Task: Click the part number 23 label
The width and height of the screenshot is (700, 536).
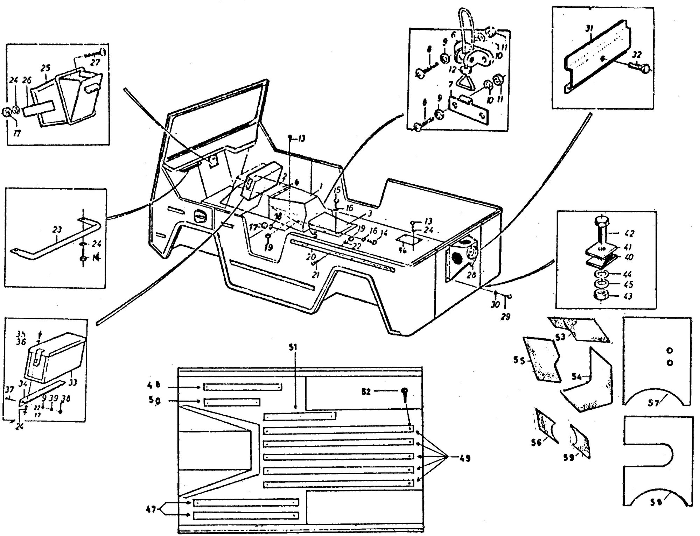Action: click(57, 230)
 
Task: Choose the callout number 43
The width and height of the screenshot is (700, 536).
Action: click(628, 296)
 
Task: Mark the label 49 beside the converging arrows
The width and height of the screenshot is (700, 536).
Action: click(465, 458)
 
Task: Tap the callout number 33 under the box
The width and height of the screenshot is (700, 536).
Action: click(72, 382)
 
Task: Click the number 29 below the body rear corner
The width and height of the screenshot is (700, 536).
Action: click(505, 317)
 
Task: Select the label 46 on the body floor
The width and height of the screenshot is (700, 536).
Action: click(403, 250)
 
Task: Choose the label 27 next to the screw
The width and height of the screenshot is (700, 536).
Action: click(95, 62)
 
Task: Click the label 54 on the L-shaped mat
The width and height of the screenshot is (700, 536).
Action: click(577, 377)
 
